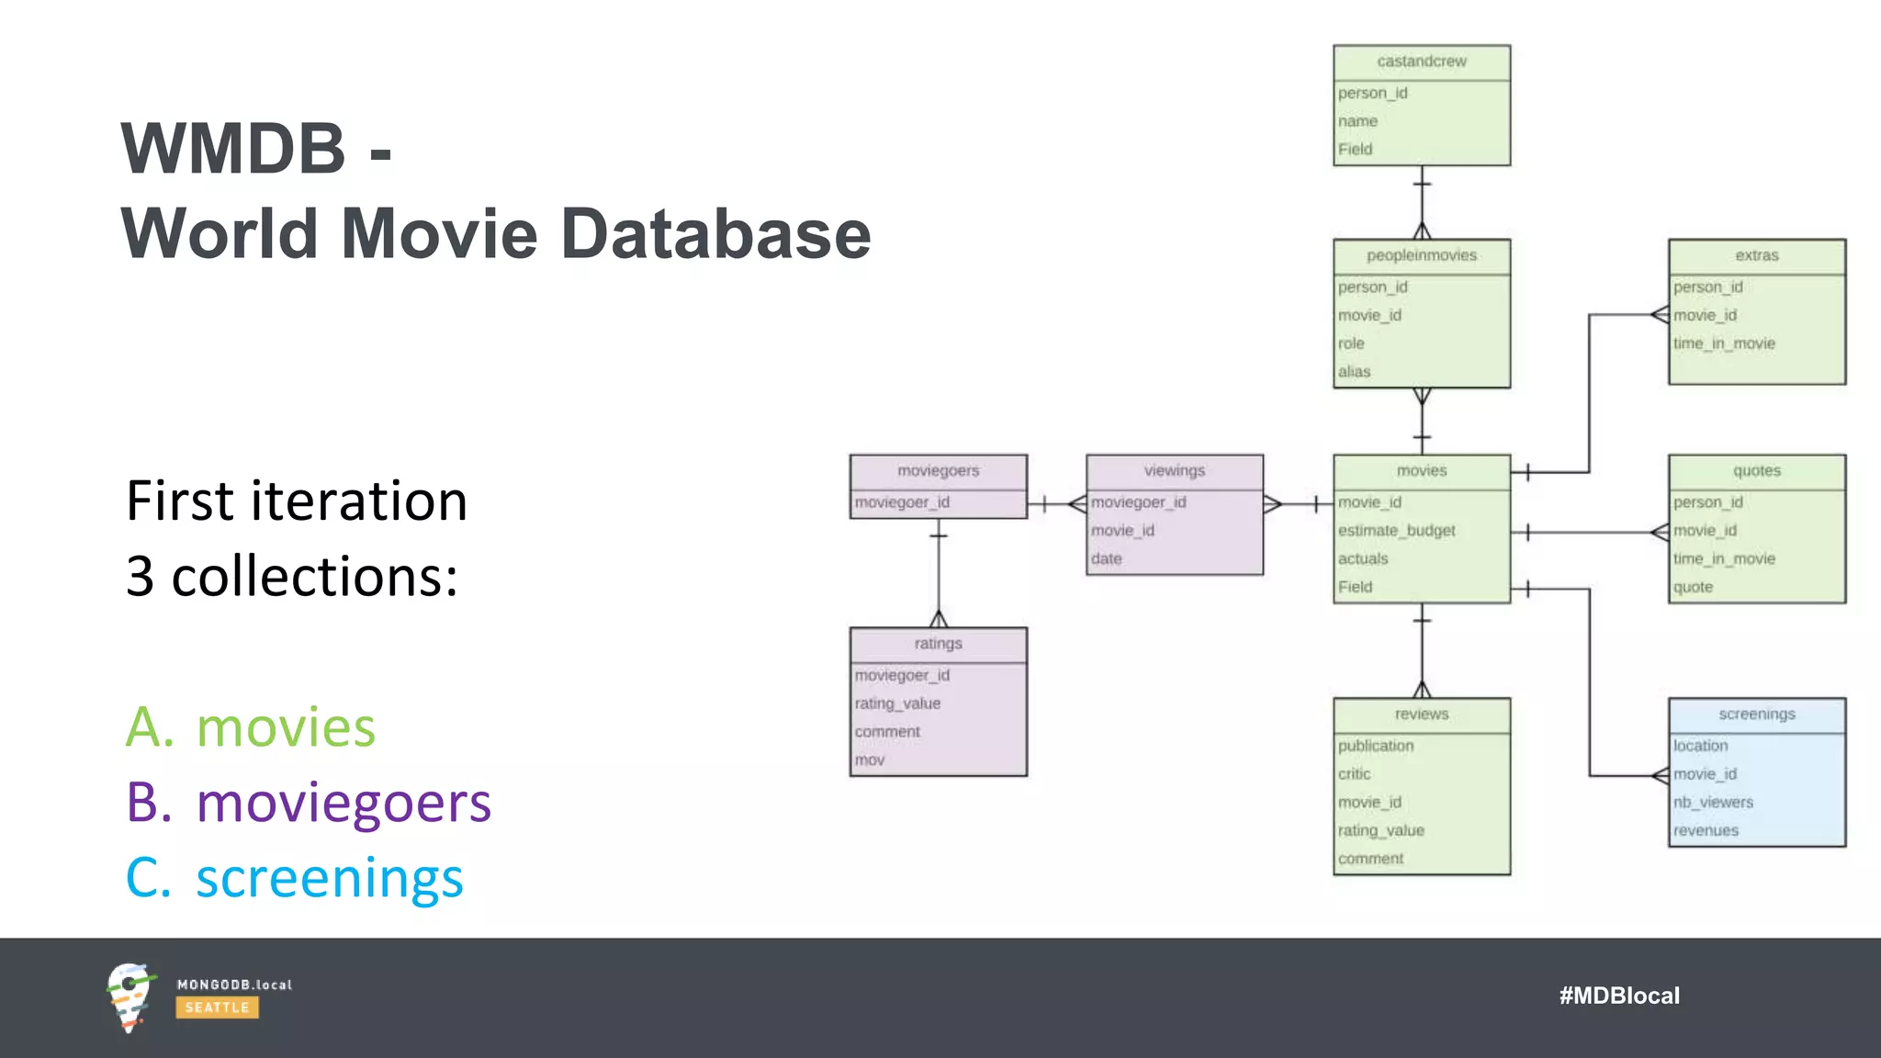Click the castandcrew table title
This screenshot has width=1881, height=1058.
point(1421,62)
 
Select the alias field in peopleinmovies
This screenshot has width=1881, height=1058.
point(1354,372)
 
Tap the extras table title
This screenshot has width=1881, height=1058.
point(1756,255)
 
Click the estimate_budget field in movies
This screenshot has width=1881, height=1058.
point(1396,531)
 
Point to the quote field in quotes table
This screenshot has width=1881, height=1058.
point(1693,587)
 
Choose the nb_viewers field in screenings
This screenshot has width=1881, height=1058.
point(1713,803)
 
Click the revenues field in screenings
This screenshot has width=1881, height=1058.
point(1706,831)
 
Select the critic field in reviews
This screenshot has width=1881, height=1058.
point(1354,774)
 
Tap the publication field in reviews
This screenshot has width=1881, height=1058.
point(1375,746)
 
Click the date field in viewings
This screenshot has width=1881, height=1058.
point(1106,558)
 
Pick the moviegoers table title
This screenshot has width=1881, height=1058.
point(938,471)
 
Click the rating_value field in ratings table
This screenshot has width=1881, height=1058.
point(897,703)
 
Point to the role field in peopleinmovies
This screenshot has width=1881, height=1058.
point(1351,343)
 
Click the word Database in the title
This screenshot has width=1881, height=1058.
point(715,234)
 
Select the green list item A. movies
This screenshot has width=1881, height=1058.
point(251,727)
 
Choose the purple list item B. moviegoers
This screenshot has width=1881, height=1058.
point(309,803)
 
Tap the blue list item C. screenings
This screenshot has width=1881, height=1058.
point(295,878)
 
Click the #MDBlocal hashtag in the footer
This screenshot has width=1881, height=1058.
point(1618,996)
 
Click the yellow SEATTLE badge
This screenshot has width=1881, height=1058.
point(217,1007)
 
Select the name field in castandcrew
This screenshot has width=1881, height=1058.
point(1357,121)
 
